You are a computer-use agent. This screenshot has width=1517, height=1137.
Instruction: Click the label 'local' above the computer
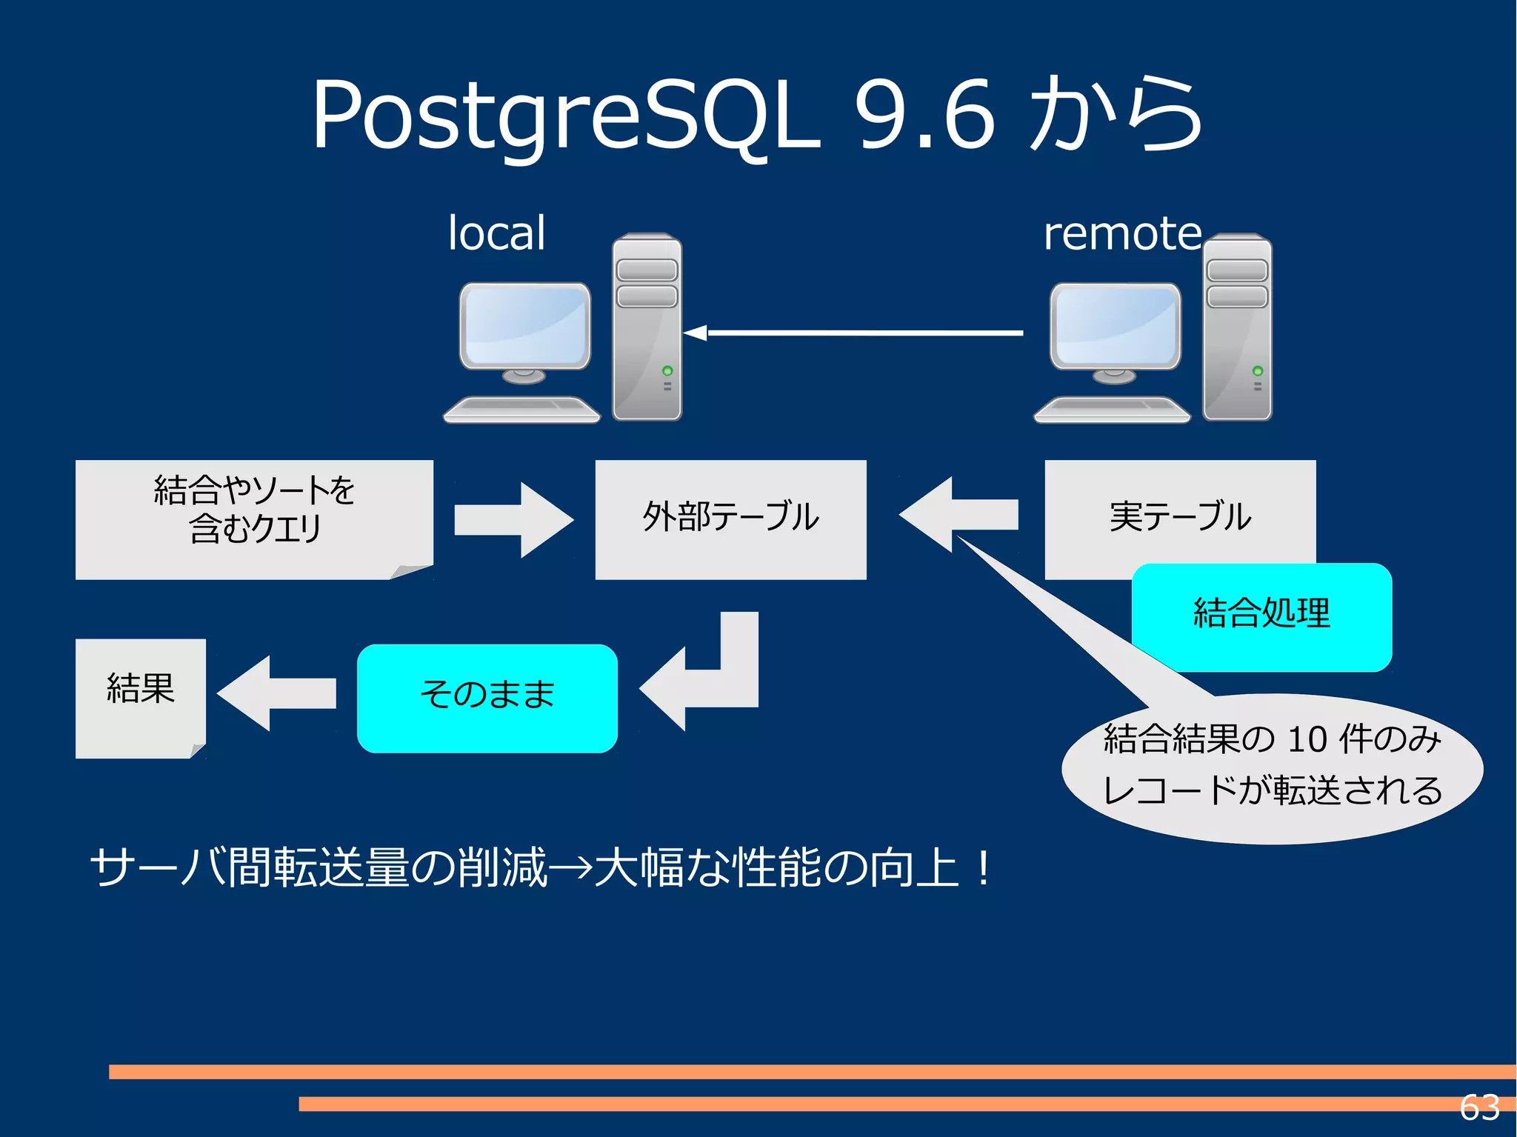(x=496, y=233)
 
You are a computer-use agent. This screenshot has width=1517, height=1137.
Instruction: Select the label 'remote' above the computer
(x=1122, y=233)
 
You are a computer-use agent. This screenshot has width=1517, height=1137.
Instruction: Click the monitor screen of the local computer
(x=524, y=324)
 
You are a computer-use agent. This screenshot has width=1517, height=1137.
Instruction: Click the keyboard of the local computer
(x=522, y=409)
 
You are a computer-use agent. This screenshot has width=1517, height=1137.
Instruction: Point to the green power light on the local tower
(x=667, y=370)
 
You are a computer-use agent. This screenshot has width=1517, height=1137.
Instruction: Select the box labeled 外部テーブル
(x=730, y=519)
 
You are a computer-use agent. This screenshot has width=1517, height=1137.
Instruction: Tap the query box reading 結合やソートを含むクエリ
(x=254, y=519)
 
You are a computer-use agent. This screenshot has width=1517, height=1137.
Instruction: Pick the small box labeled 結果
(x=140, y=696)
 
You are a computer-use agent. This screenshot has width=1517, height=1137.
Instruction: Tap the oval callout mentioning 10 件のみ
(x=1272, y=770)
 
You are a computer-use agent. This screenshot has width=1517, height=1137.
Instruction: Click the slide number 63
(x=1479, y=1107)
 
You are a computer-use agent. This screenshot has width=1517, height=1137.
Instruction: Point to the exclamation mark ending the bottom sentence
(x=983, y=868)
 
